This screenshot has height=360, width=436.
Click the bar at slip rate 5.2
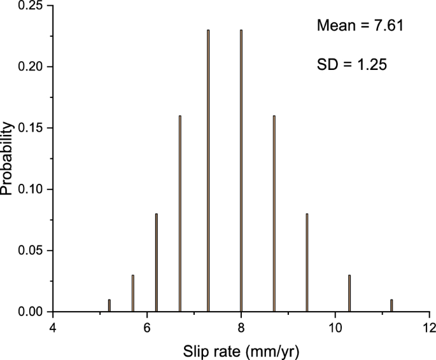point(109,306)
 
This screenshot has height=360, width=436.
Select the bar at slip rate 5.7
point(133,293)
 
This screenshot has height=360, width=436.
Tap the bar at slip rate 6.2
point(157,263)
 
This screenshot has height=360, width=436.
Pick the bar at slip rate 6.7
point(180,214)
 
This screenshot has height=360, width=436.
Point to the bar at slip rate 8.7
point(274,214)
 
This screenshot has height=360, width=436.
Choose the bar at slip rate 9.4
point(307,263)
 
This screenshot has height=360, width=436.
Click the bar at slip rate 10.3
point(349,293)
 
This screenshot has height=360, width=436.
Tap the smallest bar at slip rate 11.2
point(391,306)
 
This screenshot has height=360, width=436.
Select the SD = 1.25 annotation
point(351,64)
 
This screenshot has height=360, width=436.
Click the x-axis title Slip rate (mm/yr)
point(241,350)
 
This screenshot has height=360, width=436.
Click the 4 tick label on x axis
point(53,328)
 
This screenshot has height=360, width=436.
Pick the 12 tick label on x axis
point(429,328)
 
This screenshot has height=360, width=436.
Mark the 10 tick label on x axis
point(335,328)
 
